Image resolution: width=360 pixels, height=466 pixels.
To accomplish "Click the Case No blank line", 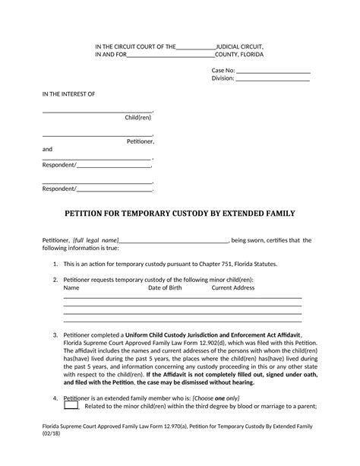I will pos(273,70).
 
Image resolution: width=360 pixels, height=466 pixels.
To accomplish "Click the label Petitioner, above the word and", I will pos(141,141).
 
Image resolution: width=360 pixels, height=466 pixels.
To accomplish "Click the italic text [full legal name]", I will pos(96,240).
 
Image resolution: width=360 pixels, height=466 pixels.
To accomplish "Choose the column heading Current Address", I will pos(232,288).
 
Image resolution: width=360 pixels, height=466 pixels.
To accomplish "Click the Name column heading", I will pos(71,288).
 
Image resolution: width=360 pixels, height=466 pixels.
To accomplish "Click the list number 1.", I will pos(55,264).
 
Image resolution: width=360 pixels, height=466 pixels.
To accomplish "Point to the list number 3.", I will pos(55,335).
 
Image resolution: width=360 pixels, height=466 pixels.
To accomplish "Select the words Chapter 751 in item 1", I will pos(215,264).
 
